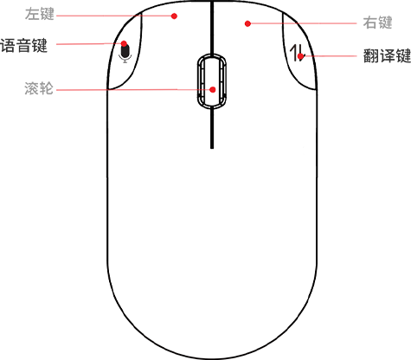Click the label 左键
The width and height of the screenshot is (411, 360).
40,14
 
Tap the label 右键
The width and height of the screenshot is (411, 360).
377,22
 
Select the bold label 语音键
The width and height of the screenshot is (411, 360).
23,46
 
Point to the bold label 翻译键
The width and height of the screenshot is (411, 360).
387,55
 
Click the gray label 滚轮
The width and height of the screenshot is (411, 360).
39,88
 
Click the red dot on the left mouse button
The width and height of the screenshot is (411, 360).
174,16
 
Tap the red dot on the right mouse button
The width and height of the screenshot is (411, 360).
247,23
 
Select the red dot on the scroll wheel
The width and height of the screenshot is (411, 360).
213,90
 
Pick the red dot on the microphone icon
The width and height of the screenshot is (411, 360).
124,44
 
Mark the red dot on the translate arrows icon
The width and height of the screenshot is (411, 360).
300,56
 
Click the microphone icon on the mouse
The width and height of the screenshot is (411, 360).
125,54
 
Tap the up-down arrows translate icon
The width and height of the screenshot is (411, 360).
297,53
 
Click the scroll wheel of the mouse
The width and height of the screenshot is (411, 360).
212,81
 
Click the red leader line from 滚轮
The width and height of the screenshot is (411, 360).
133,90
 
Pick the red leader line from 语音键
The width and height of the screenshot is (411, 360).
89,44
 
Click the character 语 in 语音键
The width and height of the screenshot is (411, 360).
8,46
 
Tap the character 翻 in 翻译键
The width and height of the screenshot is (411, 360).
371,55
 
